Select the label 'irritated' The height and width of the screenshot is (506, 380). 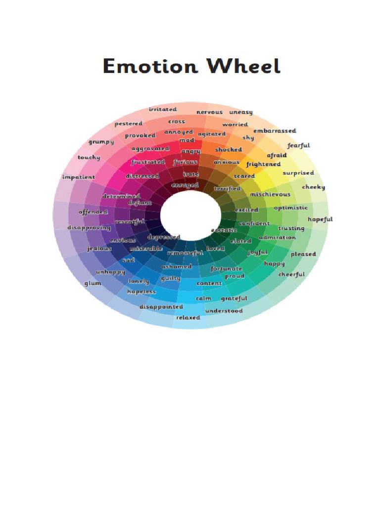pyautogui.click(x=163, y=109)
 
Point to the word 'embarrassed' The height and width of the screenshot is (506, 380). pyautogui.click(x=275, y=131)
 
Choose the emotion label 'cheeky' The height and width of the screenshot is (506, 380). pyautogui.click(x=313, y=187)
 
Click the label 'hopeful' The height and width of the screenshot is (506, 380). pyautogui.click(x=320, y=219)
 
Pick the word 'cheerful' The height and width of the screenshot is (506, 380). pyautogui.click(x=291, y=274)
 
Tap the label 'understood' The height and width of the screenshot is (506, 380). pyautogui.click(x=224, y=311)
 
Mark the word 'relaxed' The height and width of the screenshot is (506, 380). pyautogui.click(x=188, y=318)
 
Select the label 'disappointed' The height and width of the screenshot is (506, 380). pyautogui.click(x=161, y=307)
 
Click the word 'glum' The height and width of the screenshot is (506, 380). pyautogui.click(x=93, y=283)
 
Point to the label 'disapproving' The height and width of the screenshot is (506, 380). pyautogui.click(x=89, y=228)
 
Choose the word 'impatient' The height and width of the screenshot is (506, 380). pyautogui.click(x=79, y=177)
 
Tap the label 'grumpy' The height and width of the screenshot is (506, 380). pyautogui.click(x=101, y=142)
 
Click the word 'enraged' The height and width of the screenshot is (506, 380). pyautogui.click(x=185, y=185)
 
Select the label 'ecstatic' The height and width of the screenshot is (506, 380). pyautogui.click(x=224, y=230)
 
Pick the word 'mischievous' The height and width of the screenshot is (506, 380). pyautogui.click(x=270, y=194)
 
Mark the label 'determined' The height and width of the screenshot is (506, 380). pyautogui.click(x=121, y=196)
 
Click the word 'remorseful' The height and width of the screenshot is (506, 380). pyautogui.click(x=185, y=253)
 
